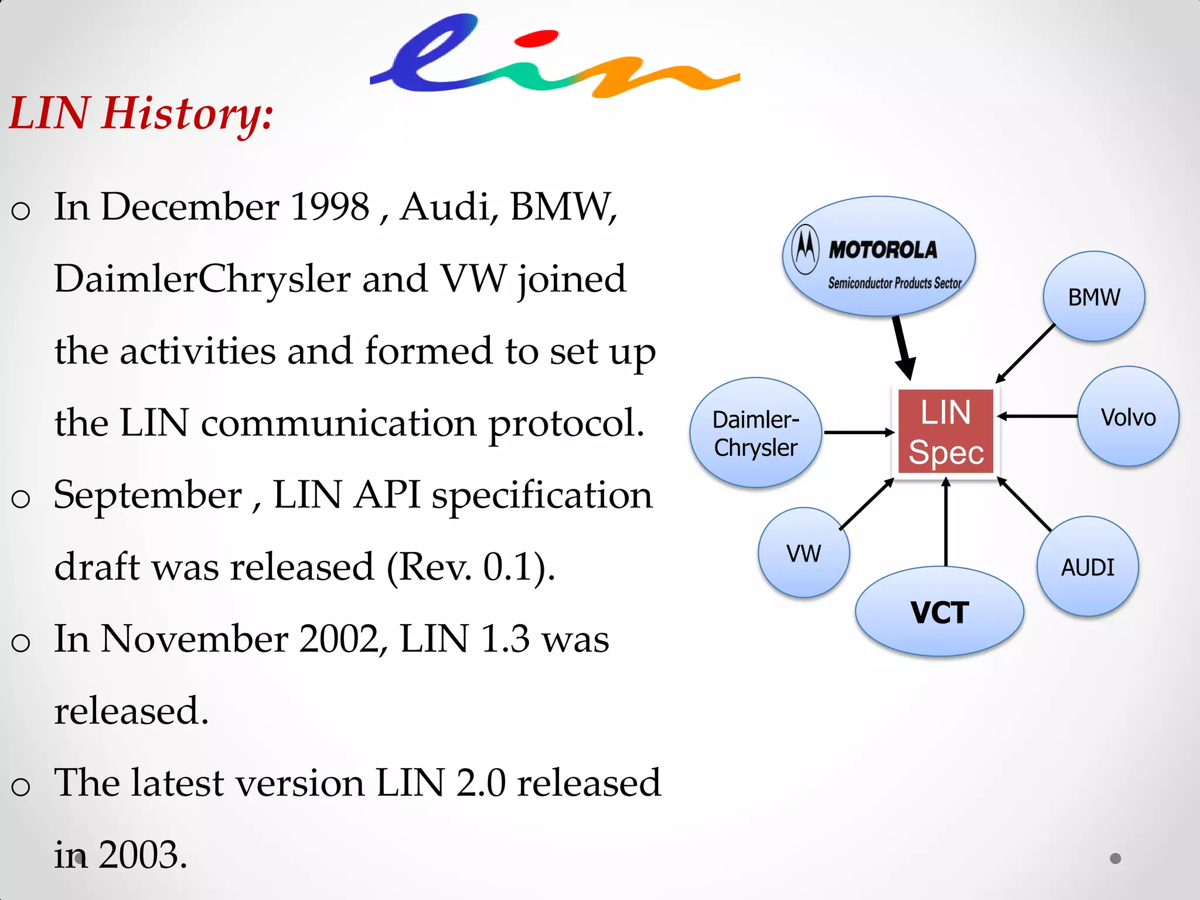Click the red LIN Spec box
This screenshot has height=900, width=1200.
point(946,432)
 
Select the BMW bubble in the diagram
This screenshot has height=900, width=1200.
point(1093,297)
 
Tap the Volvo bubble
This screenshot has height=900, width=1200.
point(1128,417)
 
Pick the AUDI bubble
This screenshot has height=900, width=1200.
point(1087,567)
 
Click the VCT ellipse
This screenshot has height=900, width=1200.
point(939,612)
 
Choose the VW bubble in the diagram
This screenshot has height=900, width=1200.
point(803,553)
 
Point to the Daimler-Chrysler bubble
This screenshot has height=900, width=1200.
point(755,433)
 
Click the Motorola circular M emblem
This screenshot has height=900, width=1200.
point(805,249)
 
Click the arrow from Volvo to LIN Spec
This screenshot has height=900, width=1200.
point(1037,416)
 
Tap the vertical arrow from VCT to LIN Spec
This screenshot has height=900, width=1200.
point(946,521)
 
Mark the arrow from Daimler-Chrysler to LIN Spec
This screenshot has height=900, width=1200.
point(858,432)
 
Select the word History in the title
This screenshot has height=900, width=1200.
point(187,113)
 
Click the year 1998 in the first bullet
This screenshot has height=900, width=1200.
point(330,207)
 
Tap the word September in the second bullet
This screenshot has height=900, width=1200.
point(148,495)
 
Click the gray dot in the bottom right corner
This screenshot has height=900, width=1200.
point(1115,858)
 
